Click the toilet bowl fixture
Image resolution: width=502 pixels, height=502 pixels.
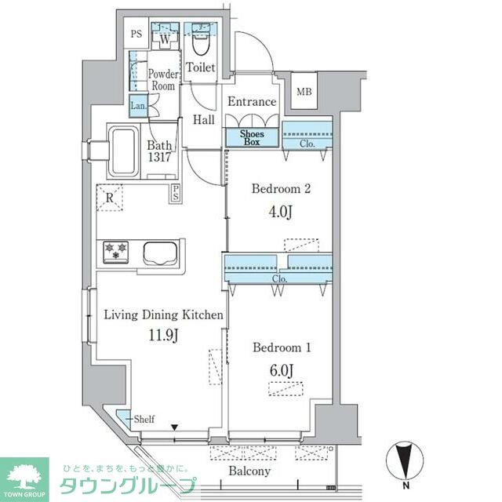coord(202,44)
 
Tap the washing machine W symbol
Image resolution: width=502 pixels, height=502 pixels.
coord(165,40)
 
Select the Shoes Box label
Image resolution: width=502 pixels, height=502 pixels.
coord(252,138)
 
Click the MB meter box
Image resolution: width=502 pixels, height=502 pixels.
coord(304,92)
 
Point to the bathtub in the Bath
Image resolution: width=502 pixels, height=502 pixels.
coord(124,151)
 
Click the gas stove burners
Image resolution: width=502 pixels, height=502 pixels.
coord(116,252)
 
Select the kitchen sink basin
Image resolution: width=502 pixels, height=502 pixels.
coord(160,253)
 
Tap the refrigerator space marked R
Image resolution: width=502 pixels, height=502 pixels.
coord(110,198)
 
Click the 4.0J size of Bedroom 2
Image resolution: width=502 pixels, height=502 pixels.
coord(281,212)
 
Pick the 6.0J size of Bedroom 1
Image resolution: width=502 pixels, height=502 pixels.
coord(282,370)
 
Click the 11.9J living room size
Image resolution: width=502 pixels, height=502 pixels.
coord(163,335)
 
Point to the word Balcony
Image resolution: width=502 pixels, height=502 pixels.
coord(249,471)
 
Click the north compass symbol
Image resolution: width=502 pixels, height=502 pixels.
coord(405,461)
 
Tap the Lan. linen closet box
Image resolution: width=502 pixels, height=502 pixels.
coord(139,105)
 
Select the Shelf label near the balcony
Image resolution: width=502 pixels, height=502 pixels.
coord(144,419)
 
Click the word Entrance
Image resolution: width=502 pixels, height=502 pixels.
coord(252,102)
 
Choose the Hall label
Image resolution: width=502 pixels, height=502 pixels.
coord(204,120)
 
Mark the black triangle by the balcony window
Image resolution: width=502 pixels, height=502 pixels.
coord(174,427)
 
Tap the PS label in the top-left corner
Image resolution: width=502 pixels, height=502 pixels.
coord(136,34)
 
